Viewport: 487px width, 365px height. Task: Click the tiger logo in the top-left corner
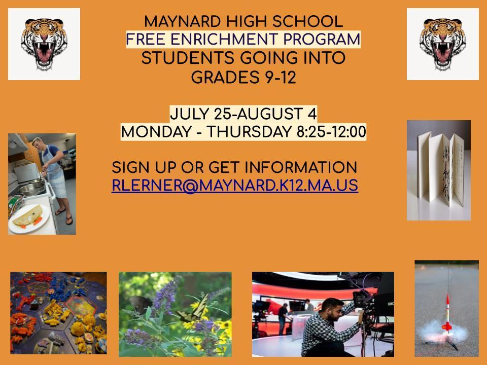(x=44, y=44)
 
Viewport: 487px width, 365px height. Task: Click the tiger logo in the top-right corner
(x=442, y=44)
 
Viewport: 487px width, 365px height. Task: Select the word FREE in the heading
(x=146, y=40)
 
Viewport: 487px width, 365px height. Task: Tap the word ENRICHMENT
(x=224, y=40)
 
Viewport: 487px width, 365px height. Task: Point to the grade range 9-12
(x=281, y=77)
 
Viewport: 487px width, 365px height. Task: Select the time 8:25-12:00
(x=331, y=132)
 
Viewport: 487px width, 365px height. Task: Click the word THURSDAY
(x=249, y=132)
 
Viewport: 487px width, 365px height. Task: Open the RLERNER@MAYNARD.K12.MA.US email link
(x=235, y=186)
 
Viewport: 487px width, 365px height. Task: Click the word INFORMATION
(x=301, y=168)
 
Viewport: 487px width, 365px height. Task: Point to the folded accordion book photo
(x=438, y=170)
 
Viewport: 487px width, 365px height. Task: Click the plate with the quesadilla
(x=29, y=218)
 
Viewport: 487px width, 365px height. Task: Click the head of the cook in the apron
(x=37, y=143)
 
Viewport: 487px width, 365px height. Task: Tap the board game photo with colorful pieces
(x=58, y=313)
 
